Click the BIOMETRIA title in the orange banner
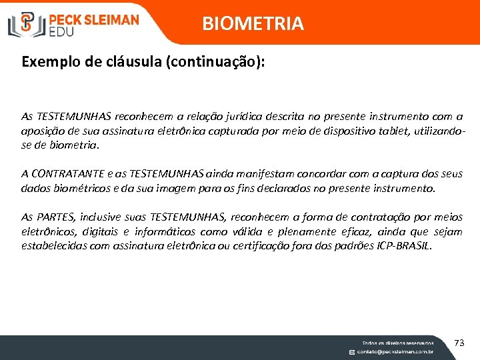click(x=253, y=24)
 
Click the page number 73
click(x=459, y=343)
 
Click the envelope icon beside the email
click(x=352, y=351)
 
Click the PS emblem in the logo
click(x=27, y=24)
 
